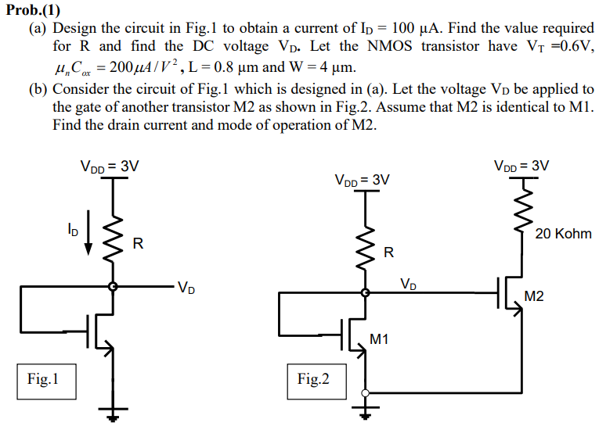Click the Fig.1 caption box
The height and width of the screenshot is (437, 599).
pos(42,380)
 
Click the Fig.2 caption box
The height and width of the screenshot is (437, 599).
pos(313,380)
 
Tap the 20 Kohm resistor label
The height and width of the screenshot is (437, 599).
pos(563,234)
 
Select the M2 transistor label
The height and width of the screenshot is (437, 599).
pos(535,296)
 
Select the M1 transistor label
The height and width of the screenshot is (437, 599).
pos(380,339)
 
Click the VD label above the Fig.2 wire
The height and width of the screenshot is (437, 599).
pos(409,283)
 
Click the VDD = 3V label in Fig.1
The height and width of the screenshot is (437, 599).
pos(110,166)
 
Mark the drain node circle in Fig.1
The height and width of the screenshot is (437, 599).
pos(114,287)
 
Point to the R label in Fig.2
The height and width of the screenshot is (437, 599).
pos(388,253)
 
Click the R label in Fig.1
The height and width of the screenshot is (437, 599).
pos(138,244)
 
